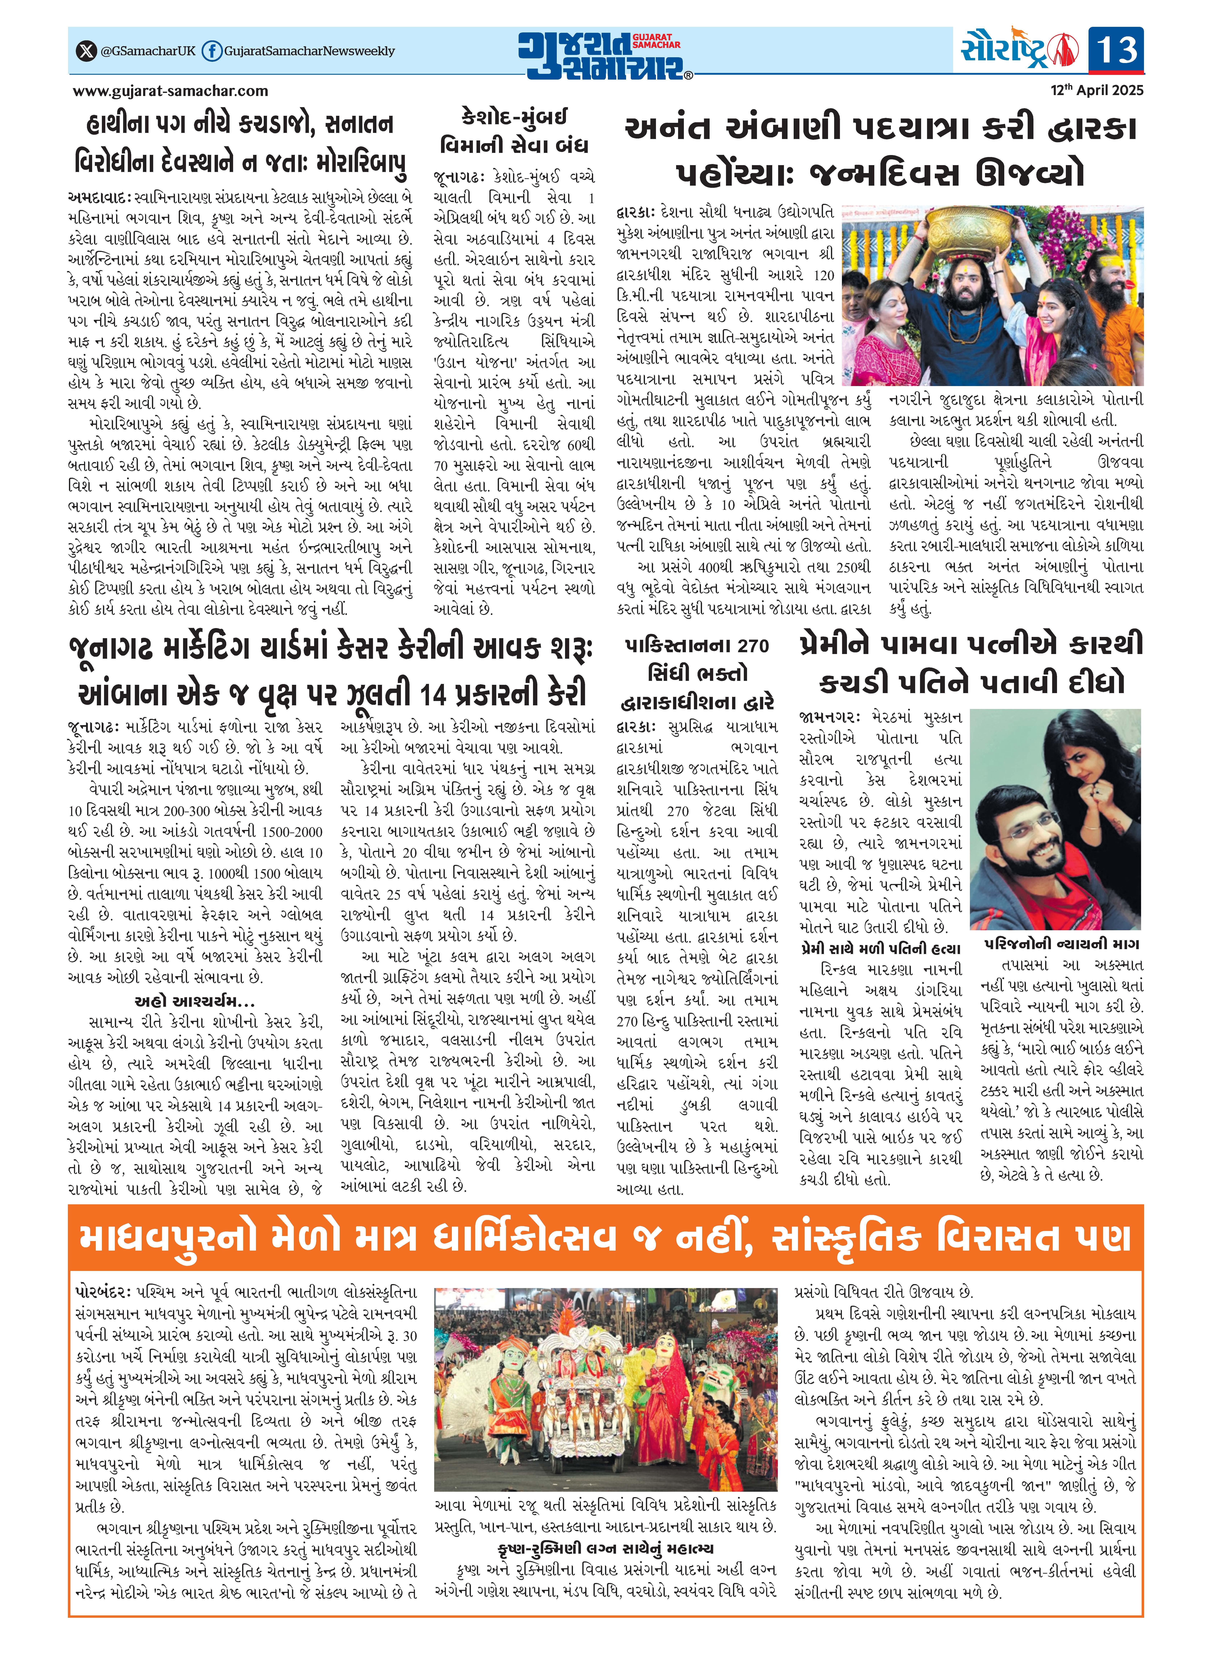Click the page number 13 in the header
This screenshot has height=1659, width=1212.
pos(1115,50)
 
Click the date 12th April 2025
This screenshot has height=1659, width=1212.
pos(1097,90)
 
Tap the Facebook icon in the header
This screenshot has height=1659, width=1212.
pos(211,51)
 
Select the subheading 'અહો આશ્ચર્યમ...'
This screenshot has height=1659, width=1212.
pos(194,1001)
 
